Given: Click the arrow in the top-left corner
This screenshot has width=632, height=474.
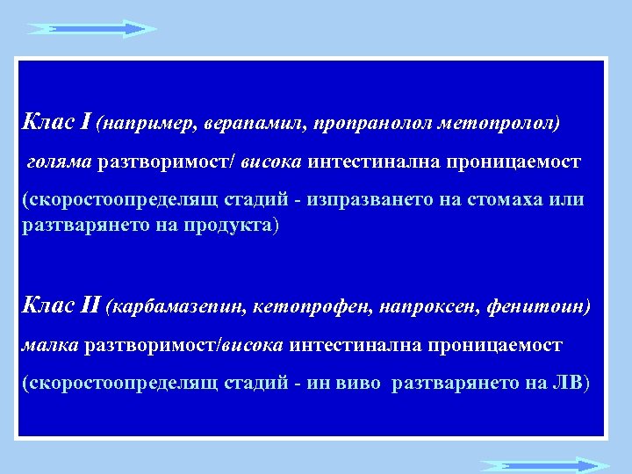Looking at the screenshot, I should tap(91, 28).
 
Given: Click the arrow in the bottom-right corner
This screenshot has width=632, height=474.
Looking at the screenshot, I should tap(543, 464).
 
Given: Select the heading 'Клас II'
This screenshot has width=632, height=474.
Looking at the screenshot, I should tap(61, 306).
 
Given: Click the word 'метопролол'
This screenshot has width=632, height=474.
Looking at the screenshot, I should tap(495, 125).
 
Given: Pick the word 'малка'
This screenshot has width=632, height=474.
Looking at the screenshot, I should tap(50, 346).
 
